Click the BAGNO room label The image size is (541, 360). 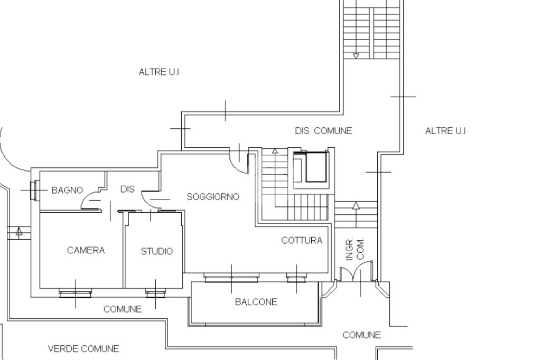pyautogui.click(x=67, y=190)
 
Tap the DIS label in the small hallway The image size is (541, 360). pyautogui.click(x=127, y=189)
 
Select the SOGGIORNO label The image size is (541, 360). pyautogui.click(x=213, y=197)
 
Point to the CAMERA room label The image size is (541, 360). pyautogui.click(x=86, y=250)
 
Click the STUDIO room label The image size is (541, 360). pyautogui.click(x=156, y=251)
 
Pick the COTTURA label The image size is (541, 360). pyautogui.click(x=302, y=240)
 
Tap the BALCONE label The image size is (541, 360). pyautogui.click(x=256, y=302)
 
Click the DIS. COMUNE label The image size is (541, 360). pyautogui.click(x=323, y=131)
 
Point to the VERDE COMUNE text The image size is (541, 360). pyautogui.click(x=83, y=349)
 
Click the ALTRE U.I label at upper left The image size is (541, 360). pyautogui.click(x=159, y=72)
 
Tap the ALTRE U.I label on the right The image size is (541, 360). pyautogui.click(x=445, y=131)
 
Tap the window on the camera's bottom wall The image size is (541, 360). pyautogui.click(x=75, y=293)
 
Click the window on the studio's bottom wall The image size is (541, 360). pyautogui.click(x=155, y=293)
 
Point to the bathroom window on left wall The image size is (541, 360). pyautogui.click(x=35, y=190)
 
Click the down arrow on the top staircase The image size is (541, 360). pyautogui.click(x=356, y=55)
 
